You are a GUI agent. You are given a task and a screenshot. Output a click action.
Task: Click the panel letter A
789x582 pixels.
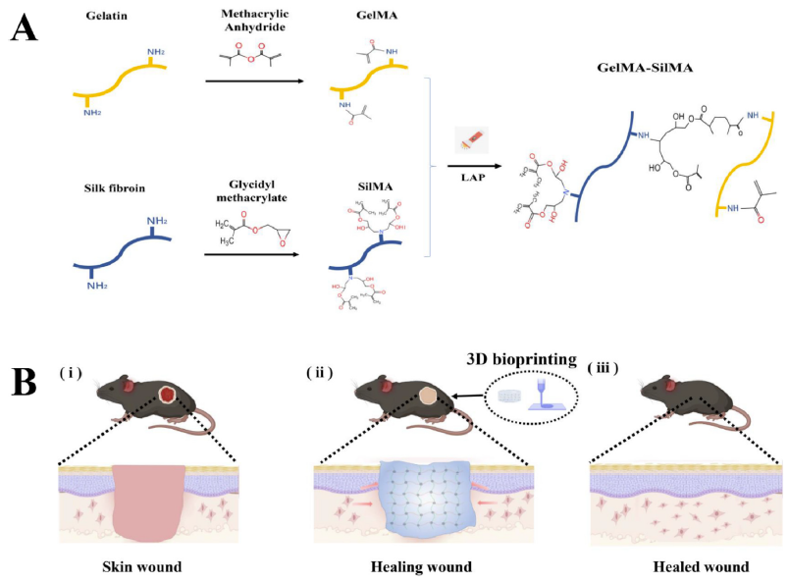coord(25,26)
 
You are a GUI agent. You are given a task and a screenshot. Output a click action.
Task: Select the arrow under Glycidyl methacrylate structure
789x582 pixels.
coord(254,253)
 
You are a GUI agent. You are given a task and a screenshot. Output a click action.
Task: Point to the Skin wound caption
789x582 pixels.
coord(149,566)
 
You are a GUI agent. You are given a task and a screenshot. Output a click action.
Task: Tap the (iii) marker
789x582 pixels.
coord(606,371)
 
